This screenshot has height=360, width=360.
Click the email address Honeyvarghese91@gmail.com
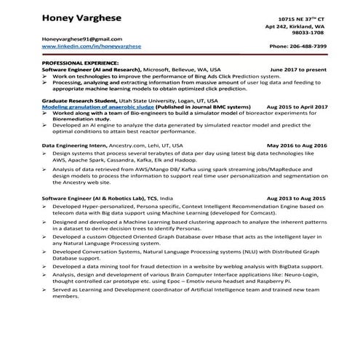[x=81, y=39]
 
